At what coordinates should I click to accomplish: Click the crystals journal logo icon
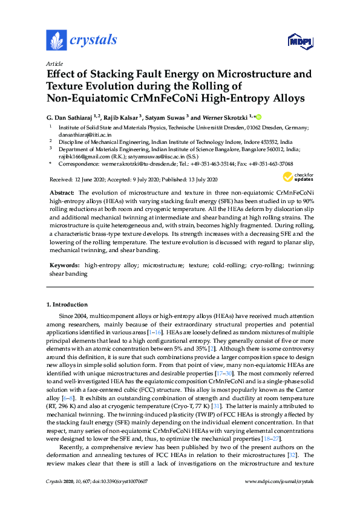pos(56,40)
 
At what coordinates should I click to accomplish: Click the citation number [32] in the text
pos(288,471)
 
